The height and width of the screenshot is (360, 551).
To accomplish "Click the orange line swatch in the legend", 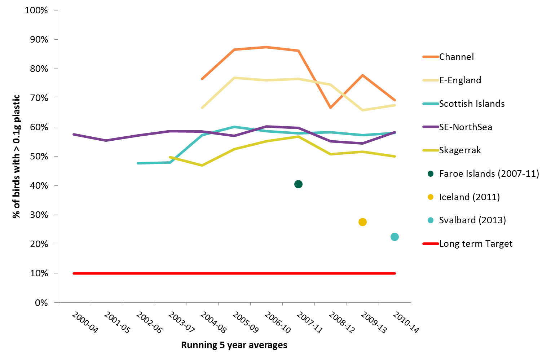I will point(431,57).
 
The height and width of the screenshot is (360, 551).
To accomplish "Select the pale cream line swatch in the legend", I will point(431,80).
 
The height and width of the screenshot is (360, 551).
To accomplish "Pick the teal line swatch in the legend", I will point(431,104).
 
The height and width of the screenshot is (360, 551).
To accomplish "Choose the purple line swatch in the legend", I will point(431,127).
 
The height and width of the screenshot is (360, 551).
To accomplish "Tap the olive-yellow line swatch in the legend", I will point(431,150).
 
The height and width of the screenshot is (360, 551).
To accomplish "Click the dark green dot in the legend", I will point(431,174).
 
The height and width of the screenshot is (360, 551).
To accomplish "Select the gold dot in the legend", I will point(431,197).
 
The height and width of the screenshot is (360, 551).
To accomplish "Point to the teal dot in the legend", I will point(431,220).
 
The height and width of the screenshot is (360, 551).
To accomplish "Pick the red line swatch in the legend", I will point(431,244).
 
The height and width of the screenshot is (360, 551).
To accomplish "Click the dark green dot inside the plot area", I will point(298,184).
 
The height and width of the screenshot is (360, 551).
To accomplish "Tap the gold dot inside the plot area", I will point(362,221).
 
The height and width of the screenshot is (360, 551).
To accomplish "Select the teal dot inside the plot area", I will point(394,237).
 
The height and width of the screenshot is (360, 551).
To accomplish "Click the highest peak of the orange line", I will point(266,47).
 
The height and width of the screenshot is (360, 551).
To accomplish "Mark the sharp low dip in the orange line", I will point(330,108).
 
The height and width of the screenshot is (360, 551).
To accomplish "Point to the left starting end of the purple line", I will point(74,134).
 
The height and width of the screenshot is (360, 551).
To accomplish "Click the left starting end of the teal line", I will point(138,163).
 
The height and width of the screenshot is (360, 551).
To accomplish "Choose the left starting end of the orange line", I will point(202,79).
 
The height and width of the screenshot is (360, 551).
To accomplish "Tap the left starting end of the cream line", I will point(202,107).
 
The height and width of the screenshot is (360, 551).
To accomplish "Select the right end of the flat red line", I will point(395,273).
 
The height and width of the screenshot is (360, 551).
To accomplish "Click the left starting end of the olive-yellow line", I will point(170,157).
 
